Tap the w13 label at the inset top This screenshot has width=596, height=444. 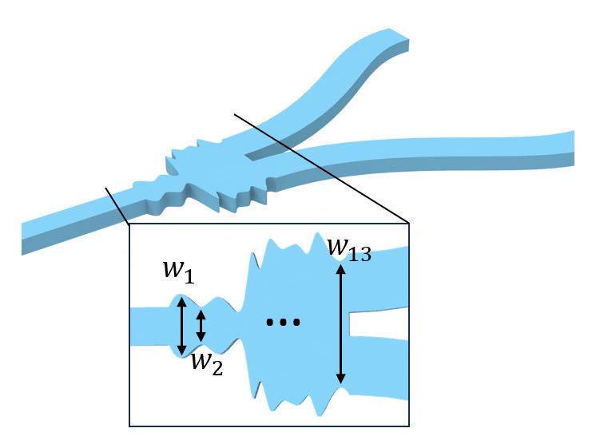[349, 248]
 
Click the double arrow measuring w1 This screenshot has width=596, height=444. [181, 326]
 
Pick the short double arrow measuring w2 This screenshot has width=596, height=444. [201, 326]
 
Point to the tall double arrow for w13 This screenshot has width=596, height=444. [341, 323]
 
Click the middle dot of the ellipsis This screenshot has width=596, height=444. [283, 323]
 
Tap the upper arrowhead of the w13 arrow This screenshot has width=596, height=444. [341, 268]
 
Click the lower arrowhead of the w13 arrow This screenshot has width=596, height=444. [341, 379]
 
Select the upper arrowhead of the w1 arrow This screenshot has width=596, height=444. [181, 302]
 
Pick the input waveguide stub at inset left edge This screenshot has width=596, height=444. [148, 326]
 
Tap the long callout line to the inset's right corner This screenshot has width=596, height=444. [320, 168]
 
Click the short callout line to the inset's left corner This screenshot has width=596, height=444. [117, 206]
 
